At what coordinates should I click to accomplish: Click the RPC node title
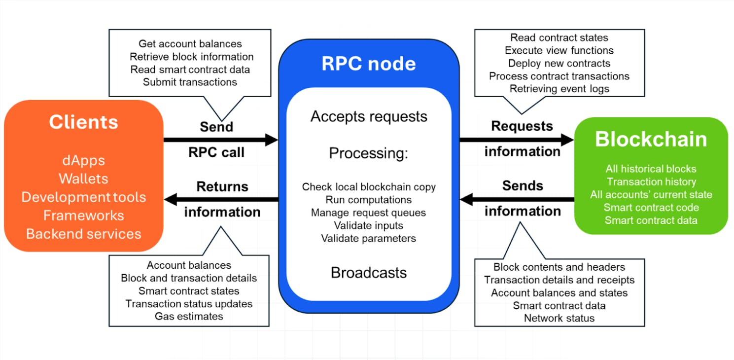click(x=369, y=64)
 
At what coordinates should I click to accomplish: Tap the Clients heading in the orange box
click(x=83, y=122)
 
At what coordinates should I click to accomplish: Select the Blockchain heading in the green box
click(x=651, y=140)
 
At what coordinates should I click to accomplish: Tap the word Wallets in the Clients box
click(x=83, y=179)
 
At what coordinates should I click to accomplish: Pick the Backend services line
click(x=83, y=234)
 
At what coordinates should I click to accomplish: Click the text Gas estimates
click(x=189, y=316)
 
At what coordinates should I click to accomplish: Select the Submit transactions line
click(x=190, y=82)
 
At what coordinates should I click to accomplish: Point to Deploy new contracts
click(x=559, y=63)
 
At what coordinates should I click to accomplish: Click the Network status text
click(x=559, y=318)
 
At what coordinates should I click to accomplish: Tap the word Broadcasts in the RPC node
click(x=369, y=273)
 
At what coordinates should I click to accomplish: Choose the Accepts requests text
click(x=369, y=117)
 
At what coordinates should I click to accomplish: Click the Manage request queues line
click(x=369, y=213)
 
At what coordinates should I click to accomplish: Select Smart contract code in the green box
click(x=651, y=208)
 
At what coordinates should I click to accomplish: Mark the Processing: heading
click(x=369, y=153)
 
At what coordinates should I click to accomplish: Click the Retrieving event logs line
click(x=559, y=89)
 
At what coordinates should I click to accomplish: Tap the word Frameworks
click(x=83, y=216)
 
